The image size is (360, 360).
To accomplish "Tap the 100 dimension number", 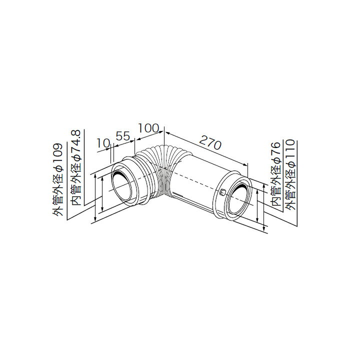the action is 148,128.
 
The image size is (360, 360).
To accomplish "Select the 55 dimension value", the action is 122,136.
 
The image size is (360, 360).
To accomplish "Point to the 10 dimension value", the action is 103,143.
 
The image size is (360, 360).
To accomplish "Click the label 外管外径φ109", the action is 57,179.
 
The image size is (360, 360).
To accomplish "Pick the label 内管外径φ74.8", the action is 76,167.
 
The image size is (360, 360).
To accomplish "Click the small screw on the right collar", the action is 222,192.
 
